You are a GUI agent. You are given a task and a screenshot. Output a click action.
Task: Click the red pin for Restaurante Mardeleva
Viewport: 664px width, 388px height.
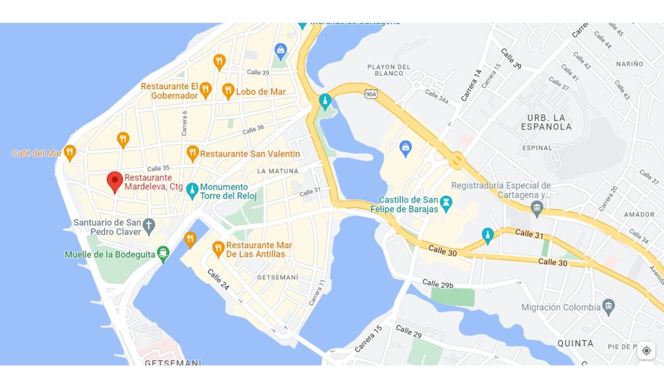(115, 181)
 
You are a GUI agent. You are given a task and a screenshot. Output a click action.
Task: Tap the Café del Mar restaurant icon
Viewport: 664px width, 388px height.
(70, 152)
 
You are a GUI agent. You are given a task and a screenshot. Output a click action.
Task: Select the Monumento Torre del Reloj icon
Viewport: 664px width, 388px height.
(192, 190)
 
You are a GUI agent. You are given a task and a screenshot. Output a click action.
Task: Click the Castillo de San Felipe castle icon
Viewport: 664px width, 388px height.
(446, 203)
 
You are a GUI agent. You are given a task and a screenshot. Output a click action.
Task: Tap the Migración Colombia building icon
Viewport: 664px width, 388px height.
(608, 307)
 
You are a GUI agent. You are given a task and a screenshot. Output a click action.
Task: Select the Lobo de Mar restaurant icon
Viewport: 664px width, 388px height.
(228, 91)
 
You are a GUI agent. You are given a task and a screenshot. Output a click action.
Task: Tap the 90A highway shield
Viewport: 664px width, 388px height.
(371, 94)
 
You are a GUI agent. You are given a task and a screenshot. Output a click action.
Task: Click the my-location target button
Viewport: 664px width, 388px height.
(646, 350)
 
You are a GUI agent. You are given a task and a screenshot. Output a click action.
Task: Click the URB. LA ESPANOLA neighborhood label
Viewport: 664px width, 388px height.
(546, 123)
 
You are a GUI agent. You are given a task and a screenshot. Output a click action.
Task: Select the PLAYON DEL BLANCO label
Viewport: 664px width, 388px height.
(389, 70)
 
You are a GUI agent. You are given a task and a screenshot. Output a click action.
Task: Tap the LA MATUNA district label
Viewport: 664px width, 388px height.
(276, 171)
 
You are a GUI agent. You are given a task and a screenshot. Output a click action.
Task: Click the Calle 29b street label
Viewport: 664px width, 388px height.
(438, 284)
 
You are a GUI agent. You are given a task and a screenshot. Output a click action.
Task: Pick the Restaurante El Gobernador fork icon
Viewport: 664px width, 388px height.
(205, 90)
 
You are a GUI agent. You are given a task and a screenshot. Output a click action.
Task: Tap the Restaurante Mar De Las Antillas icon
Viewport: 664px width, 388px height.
(218, 249)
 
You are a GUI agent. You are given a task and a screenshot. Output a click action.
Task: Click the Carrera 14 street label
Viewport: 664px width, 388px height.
(471, 85)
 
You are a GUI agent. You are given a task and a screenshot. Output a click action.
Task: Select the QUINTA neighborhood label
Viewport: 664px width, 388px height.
(575, 344)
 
